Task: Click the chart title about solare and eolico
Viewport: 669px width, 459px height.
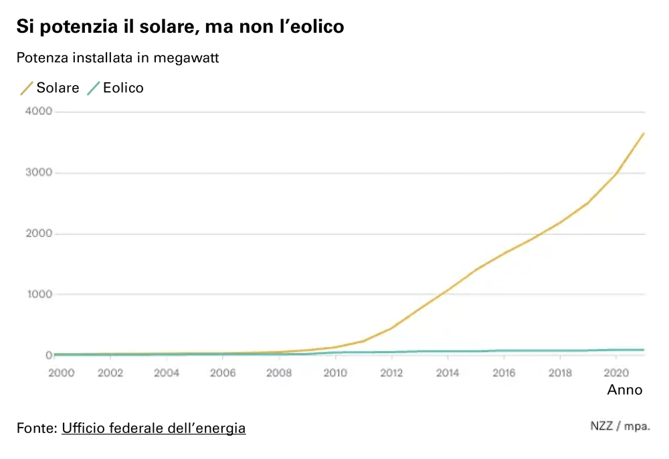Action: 180,27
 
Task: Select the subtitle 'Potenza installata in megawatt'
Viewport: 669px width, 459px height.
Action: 118,58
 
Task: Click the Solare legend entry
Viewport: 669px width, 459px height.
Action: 51,88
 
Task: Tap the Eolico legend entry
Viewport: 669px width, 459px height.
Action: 116,88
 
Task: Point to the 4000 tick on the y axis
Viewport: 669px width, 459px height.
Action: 38,112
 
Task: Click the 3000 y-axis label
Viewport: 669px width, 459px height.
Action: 38,173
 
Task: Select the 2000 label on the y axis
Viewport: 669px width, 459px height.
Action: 38,234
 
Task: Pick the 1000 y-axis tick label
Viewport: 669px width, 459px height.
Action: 38,294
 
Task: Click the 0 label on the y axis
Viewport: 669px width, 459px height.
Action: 48,355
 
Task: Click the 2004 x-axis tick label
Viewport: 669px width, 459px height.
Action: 167,373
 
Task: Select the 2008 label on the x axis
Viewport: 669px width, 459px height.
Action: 279,373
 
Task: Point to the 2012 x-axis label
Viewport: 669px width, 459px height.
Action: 391,373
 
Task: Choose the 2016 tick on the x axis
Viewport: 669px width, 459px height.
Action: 504,373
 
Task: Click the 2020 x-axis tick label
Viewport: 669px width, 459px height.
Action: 615,373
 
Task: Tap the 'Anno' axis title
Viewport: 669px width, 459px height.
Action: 625,390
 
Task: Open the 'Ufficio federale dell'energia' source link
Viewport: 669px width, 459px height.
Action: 153,428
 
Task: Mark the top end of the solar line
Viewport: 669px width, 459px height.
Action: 644,133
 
